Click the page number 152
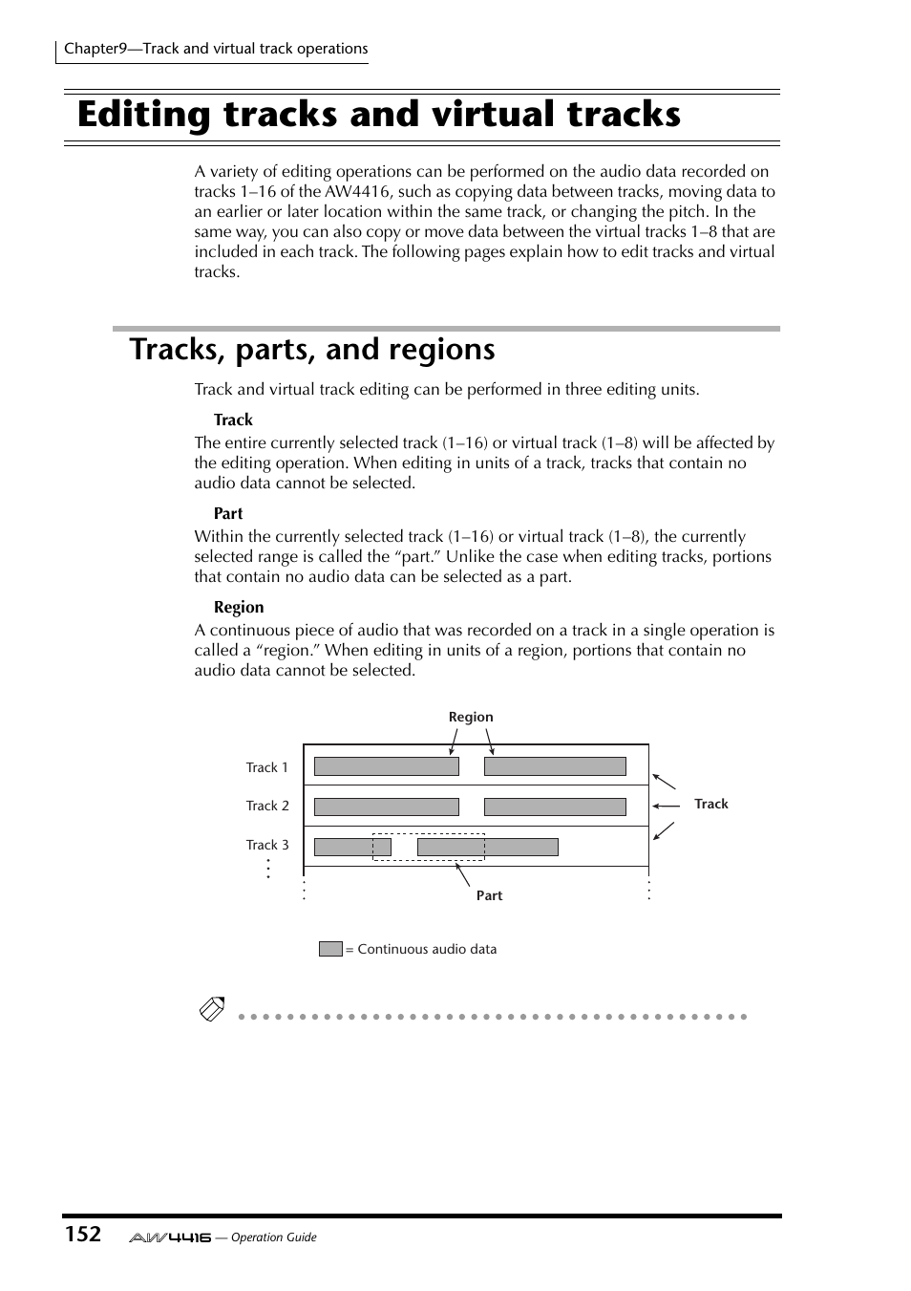[x=83, y=1234]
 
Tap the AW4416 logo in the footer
[x=170, y=1237]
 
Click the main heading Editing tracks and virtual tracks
[x=379, y=115]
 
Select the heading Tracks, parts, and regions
[x=312, y=350]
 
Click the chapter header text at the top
[x=216, y=49]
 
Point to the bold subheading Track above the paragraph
[x=233, y=420]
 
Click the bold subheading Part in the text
[x=228, y=513]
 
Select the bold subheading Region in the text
[x=239, y=607]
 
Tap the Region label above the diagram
[x=471, y=717]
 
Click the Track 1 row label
[x=266, y=767]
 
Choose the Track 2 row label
[x=267, y=806]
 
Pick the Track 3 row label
[x=267, y=845]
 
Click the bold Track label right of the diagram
[x=710, y=804]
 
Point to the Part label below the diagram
[x=489, y=895]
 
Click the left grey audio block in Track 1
[x=386, y=766]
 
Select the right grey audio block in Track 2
[x=555, y=807]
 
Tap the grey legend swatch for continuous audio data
[x=330, y=949]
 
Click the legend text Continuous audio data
[x=427, y=949]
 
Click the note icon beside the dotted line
[x=212, y=1008]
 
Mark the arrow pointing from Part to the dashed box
[x=463, y=874]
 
